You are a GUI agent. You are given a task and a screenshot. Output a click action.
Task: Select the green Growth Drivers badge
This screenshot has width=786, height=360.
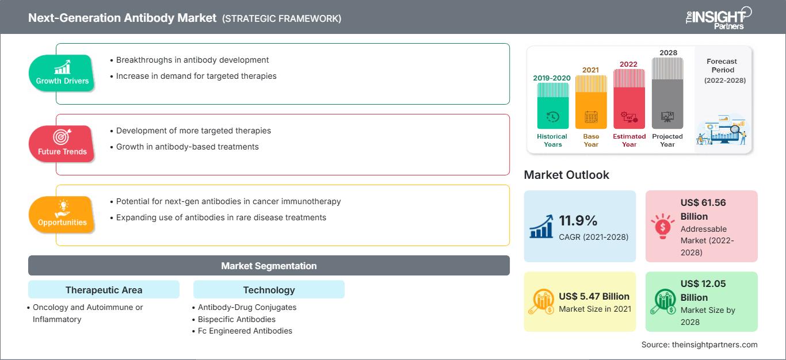[x=62, y=72]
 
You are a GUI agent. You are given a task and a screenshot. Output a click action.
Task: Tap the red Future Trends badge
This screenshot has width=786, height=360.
[x=62, y=143]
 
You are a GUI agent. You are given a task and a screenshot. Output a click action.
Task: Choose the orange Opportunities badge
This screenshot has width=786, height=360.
[x=62, y=214]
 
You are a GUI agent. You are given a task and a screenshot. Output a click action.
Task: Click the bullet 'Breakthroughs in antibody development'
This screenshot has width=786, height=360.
[x=192, y=60]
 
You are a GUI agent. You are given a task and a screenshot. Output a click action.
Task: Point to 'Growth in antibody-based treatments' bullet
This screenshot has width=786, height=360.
[x=187, y=147]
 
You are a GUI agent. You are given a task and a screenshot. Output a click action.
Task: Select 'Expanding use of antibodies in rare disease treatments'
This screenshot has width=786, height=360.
[x=221, y=217]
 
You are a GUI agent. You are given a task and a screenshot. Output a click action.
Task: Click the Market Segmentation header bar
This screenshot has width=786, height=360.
[x=269, y=266]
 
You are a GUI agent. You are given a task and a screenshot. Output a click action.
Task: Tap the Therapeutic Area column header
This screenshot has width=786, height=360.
[x=104, y=290]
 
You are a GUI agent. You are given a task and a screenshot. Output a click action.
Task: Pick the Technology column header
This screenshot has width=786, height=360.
[x=269, y=290]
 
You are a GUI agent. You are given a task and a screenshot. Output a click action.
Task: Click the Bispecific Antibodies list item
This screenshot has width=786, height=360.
[x=236, y=319]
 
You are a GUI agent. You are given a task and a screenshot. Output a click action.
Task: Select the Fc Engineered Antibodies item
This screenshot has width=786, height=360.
[x=245, y=331]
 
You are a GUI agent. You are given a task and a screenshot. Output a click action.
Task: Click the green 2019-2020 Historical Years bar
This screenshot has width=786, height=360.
[x=552, y=106]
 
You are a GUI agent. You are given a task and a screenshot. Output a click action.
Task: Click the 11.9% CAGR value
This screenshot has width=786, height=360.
[x=578, y=221]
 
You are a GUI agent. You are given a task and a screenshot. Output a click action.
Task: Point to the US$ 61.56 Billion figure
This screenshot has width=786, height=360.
[x=695, y=210]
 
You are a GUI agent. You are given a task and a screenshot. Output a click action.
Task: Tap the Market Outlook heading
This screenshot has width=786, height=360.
[x=566, y=175]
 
